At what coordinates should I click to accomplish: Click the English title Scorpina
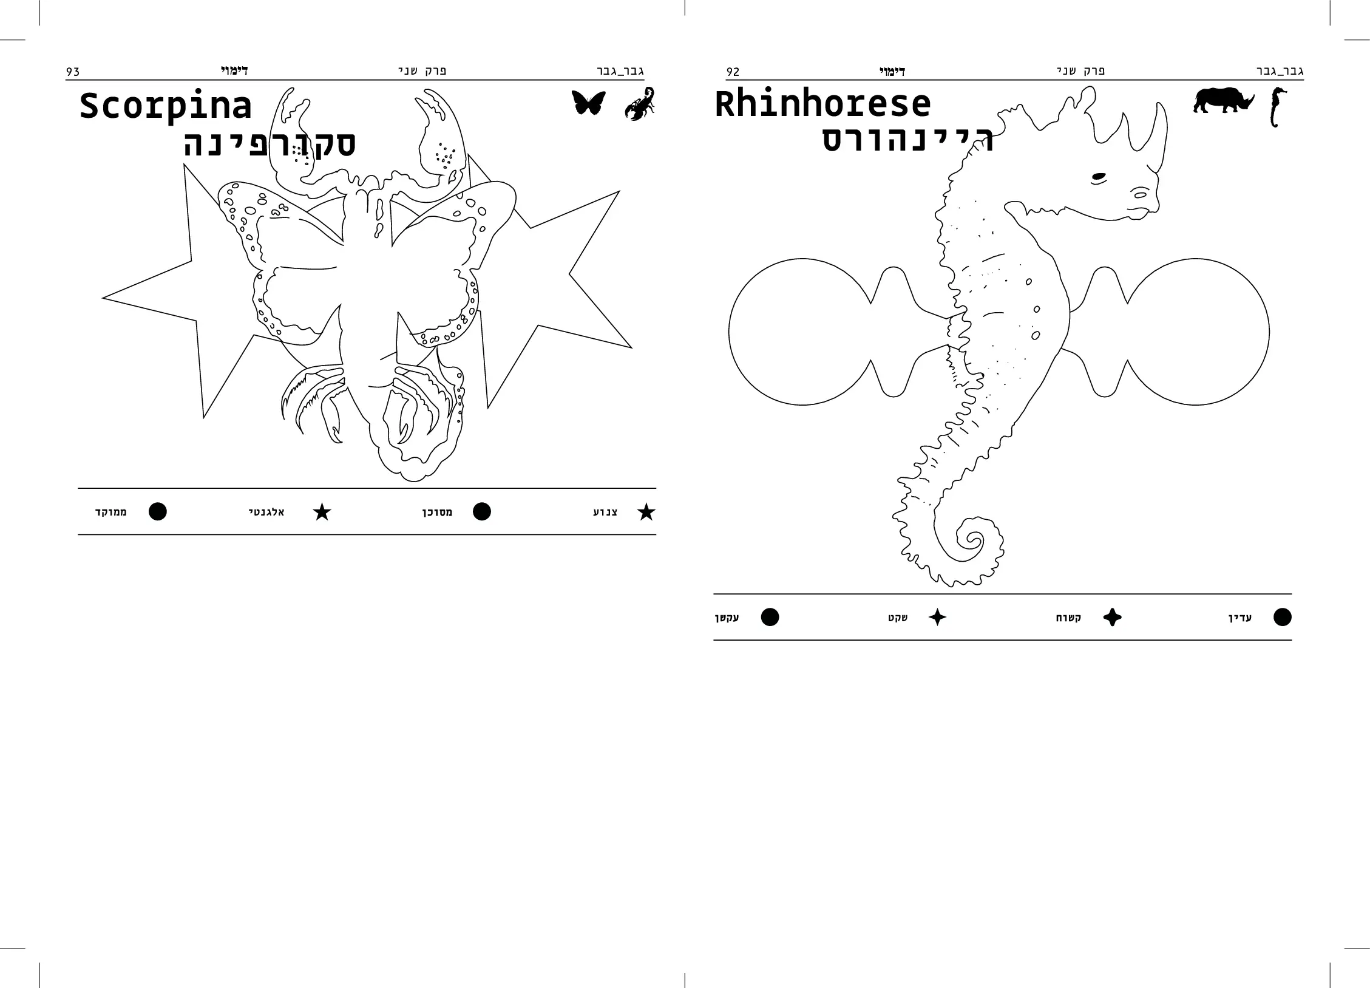click(x=165, y=107)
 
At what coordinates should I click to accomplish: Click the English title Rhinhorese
click(x=822, y=104)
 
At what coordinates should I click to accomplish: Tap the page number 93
click(x=73, y=72)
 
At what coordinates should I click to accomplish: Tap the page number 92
click(x=733, y=72)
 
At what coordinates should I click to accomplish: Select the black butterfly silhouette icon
click(x=588, y=103)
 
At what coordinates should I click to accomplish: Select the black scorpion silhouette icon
click(x=640, y=104)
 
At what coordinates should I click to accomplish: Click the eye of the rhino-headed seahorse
click(x=1099, y=178)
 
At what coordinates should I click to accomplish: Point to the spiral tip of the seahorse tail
click(x=973, y=538)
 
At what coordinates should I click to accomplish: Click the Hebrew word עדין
click(x=1240, y=618)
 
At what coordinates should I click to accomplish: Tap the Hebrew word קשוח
click(x=1068, y=618)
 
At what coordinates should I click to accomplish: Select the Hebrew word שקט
click(x=898, y=618)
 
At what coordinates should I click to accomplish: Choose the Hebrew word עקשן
click(x=727, y=618)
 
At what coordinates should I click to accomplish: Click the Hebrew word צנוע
click(x=605, y=513)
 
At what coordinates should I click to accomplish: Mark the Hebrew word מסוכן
click(x=438, y=513)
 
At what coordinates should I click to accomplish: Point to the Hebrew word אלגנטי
click(x=266, y=513)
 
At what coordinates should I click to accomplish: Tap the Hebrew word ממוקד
click(x=111, y=513)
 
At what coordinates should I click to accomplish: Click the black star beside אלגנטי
click(x=322, y=512)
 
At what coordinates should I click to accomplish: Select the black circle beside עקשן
click(x=770, y=617)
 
